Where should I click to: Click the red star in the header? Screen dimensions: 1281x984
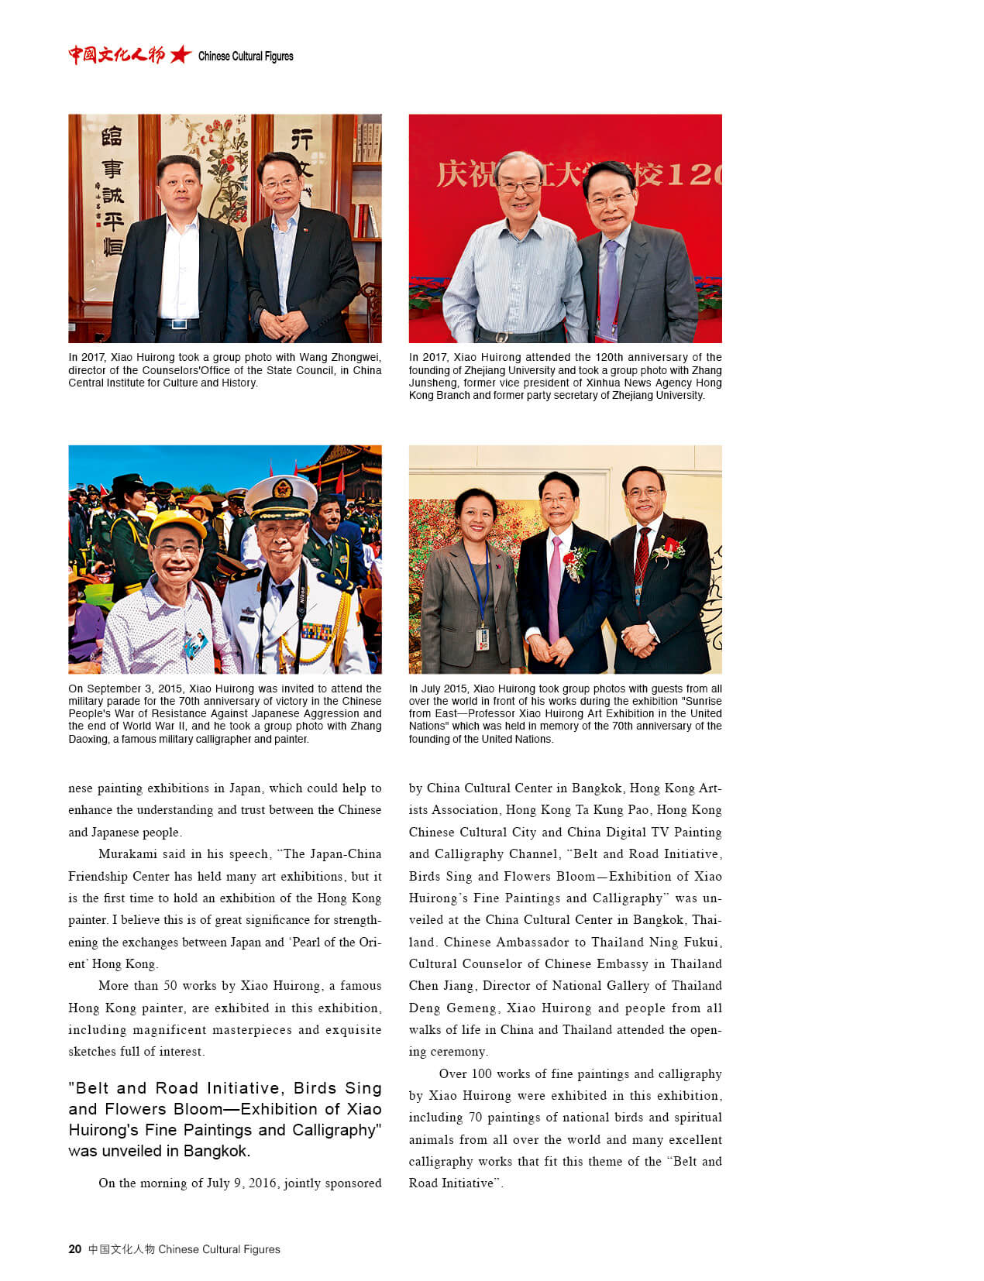pos(181,55)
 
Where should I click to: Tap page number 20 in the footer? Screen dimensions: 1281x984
pos(74,1248)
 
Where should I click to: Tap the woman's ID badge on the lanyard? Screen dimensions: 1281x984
pos(482,639)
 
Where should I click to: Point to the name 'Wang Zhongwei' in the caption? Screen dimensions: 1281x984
pos(344,357)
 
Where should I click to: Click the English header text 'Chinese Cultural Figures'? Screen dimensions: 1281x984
pos(246,56)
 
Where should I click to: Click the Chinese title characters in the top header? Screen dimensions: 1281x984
pos(116,55)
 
